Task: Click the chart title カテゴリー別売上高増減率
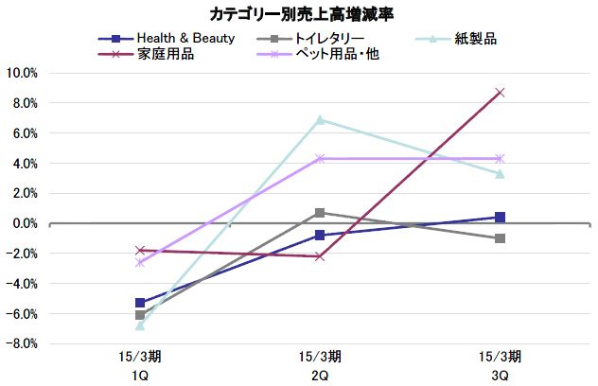[x=298, y=13]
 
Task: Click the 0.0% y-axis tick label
[x=24, y=223]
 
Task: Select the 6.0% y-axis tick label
[x=24, y=133]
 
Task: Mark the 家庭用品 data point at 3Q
[x=500, y=93]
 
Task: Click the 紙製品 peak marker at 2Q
[x=320, y=120]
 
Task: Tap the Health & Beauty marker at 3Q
[x=500, y=218]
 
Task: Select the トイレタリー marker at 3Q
[x=500, y=238]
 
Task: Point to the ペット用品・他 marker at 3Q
[x=500, y=159]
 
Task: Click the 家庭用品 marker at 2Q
[x=320, y=256]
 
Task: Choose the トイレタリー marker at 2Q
[x=320, y=213]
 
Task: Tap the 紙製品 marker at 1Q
[x=141, y=325]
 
